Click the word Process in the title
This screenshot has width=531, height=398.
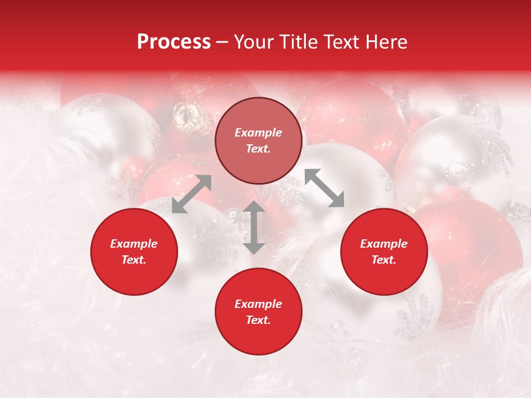coord(174,42)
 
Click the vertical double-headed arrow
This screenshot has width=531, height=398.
coord(254,227)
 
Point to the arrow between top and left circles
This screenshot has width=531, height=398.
coord(191,194)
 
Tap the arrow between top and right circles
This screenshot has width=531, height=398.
coord(324,188)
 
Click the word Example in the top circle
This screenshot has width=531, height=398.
coord(258,133)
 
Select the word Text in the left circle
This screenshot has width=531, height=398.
coord(134,260)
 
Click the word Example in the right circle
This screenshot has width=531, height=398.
coord(384,244)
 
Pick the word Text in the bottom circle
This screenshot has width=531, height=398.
coord(258,320)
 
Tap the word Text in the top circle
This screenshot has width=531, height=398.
coord(258,149)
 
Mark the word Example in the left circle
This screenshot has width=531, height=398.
coord(134,244)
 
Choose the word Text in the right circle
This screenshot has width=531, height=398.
coord(384,260)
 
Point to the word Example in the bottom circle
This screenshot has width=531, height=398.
coord(258,304)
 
